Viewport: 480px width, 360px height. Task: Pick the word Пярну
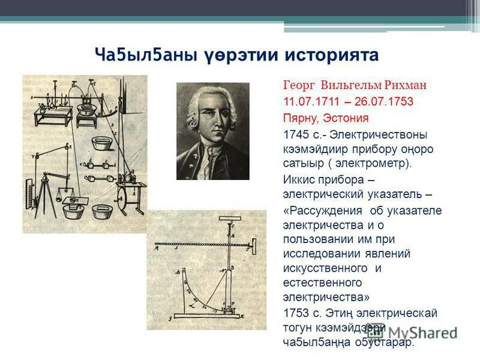(298, 118)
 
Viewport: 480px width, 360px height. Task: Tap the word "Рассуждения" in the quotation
(325, 211)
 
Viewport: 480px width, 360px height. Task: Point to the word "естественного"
(322, 282)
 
